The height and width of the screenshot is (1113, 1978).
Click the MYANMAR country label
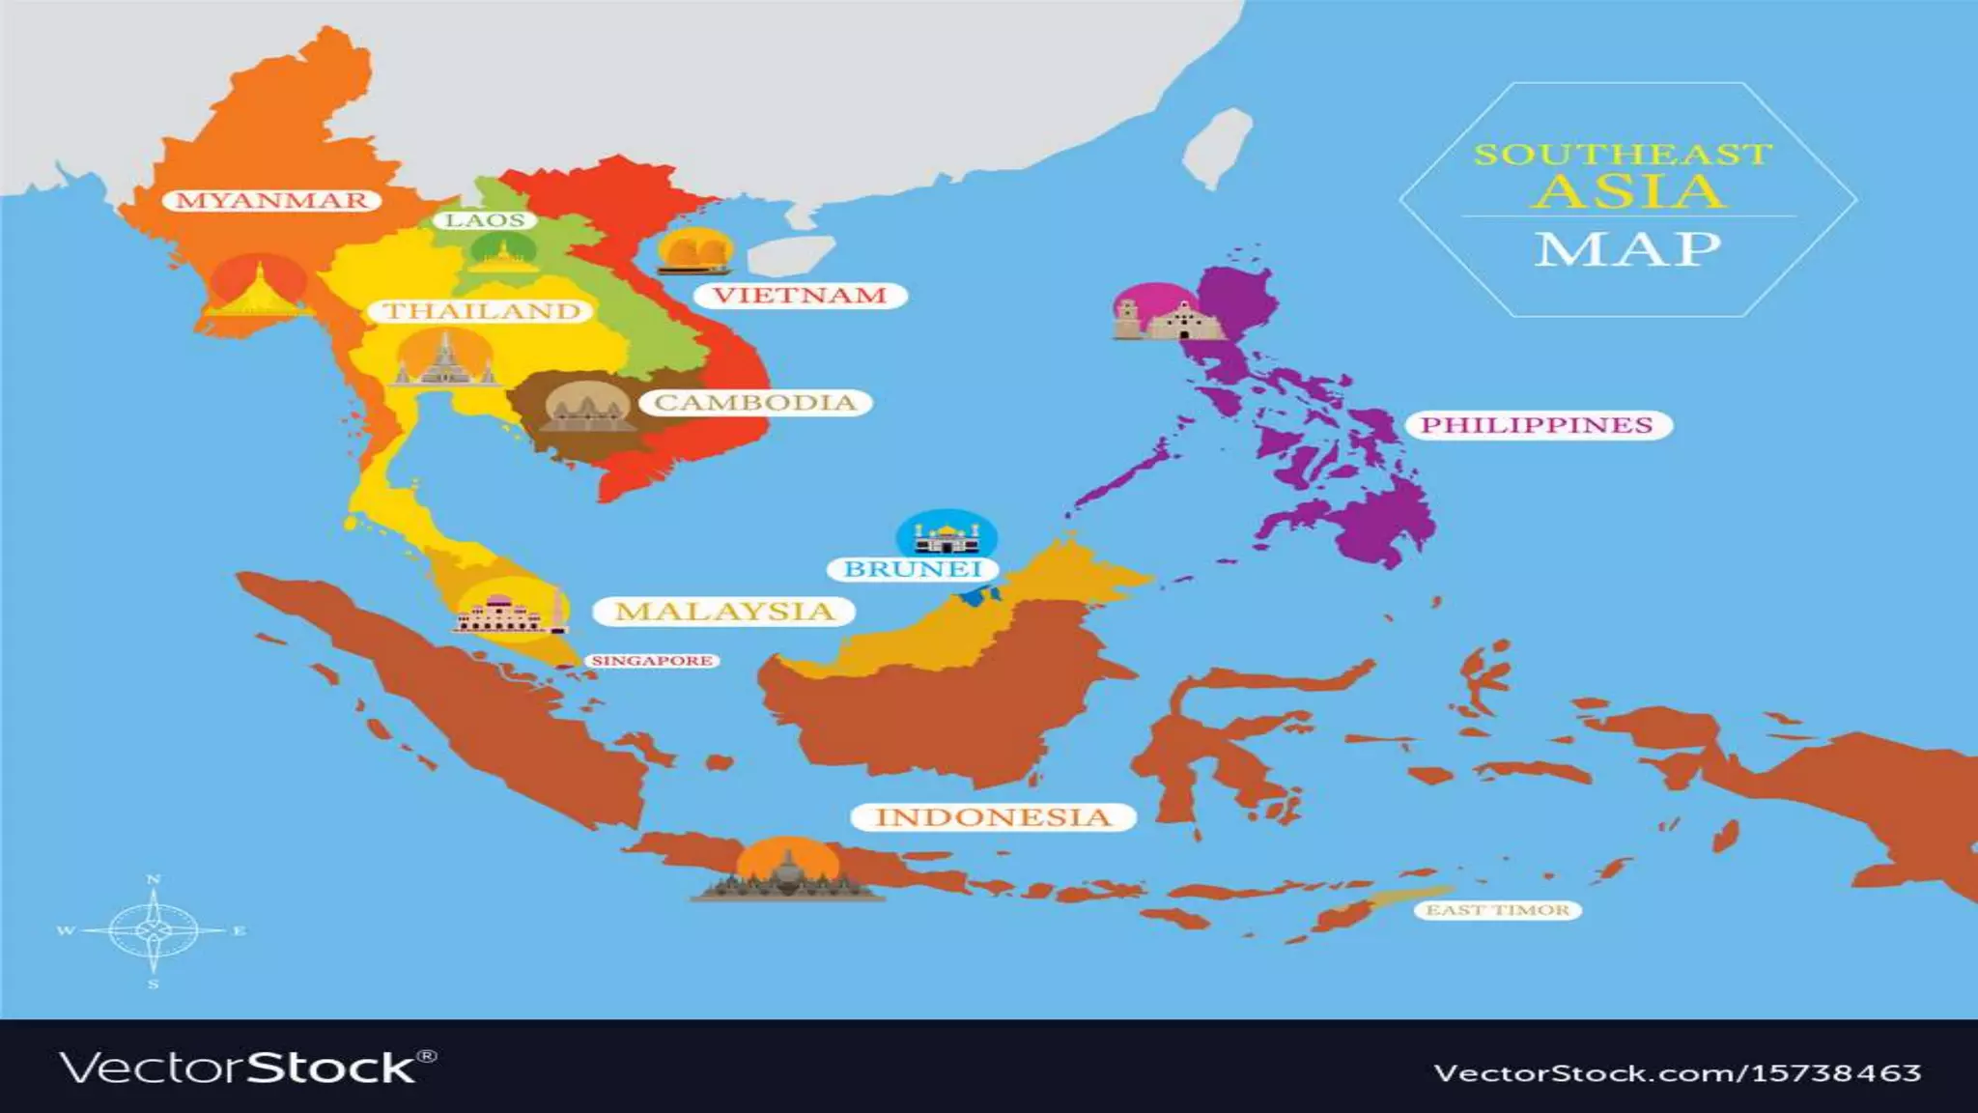coord(272,201)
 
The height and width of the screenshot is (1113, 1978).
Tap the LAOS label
coord(485,220)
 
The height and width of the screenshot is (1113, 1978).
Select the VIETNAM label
coord(800,296)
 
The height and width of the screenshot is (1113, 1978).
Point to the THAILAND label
coord(483,311)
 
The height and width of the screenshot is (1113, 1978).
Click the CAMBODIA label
coord(755,403)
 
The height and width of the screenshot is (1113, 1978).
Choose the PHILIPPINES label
coord(1537,425)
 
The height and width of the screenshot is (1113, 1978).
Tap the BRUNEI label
coord(913,569)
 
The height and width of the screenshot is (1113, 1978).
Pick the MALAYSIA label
coord(724,612)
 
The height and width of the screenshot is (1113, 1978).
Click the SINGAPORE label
coord(652,661)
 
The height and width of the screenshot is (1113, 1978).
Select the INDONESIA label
coord(993,817)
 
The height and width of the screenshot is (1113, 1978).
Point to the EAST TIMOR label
coord(1498,910)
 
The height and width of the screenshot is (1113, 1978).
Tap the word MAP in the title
coord(1627,249)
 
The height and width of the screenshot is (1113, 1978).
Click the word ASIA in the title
coord(1629,191)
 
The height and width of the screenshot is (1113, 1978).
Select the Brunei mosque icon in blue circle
coord(947,533)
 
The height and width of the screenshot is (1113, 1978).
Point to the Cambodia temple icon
coord(587,409)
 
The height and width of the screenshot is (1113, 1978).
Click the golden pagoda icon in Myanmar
coord(258,288)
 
